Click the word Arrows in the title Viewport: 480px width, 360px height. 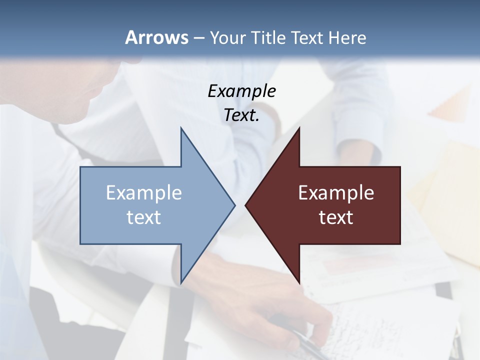[x=156, y=37]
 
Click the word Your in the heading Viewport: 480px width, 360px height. [x=227, y=37]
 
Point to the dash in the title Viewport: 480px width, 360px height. [x=198, y=38]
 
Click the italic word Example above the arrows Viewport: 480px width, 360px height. [x=241, y=91]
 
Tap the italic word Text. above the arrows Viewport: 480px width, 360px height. [x=241, y=115]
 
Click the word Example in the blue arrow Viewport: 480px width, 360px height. [x=144, y=193]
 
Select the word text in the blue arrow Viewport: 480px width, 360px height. [x=144, y=217]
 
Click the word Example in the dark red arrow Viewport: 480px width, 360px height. [x=336, y=193]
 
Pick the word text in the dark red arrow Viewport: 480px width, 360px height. [x=336, y=217]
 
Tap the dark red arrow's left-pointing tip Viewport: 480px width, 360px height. [x=246, y=205]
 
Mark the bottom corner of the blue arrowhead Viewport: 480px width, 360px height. [x=181, y=281]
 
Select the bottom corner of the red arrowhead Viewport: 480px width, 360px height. [x=299, y=281]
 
